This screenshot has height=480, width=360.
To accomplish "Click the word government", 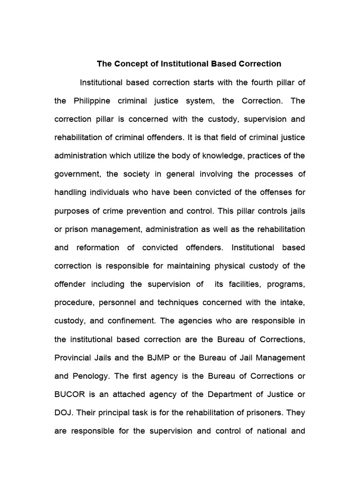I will coord(77,174).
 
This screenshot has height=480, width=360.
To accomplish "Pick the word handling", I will coord(71,192).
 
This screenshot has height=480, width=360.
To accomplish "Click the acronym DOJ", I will coord(63,412).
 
